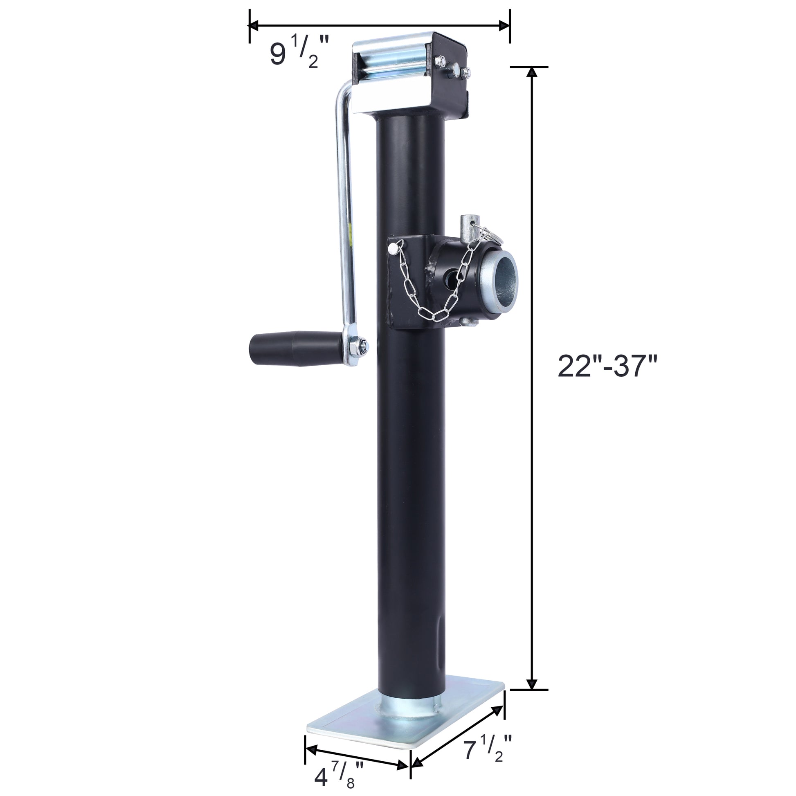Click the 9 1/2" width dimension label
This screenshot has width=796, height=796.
(x=299, y=54)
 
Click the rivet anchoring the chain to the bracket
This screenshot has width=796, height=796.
(x=392, y=248)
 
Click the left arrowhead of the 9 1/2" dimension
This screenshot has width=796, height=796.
(x=253, y=25)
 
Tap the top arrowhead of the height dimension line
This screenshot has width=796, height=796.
(x=532, y=72)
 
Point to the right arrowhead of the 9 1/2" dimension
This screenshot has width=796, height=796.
(x=505, y=25)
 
